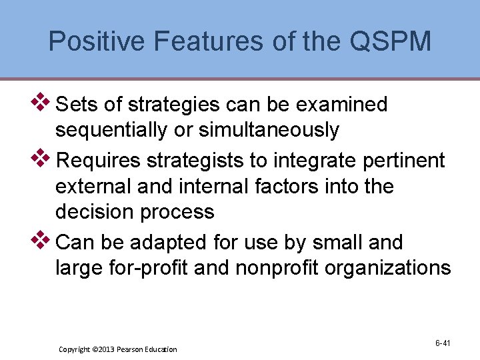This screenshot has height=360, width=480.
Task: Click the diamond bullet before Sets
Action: (42, 102)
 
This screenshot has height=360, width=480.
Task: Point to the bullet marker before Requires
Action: (42, 158)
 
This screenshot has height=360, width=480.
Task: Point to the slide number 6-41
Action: (443, 343)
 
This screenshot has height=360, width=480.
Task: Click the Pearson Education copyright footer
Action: (118, 349)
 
